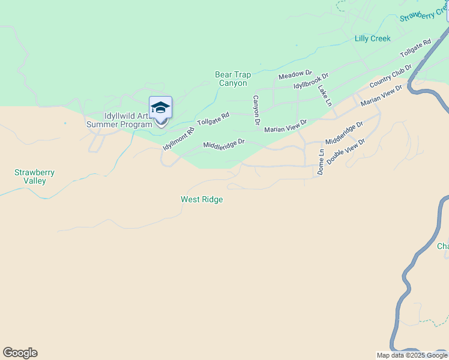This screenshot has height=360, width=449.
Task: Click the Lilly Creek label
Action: click(372, 38)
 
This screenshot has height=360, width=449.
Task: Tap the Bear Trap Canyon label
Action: click(233, 79)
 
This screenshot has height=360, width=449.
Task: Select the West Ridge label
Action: click(202, 199)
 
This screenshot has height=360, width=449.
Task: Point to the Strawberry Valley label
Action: click(34, 176)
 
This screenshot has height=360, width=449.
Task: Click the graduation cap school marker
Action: click(160, 107)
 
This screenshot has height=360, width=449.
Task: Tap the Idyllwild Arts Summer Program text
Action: click(119, 120)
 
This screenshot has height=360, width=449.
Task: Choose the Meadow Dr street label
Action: click(295, 75)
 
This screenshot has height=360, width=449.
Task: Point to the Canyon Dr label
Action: click(256, 110)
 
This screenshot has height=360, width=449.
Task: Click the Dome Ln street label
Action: click(321, 161)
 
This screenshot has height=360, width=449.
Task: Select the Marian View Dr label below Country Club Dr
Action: click(381, 95)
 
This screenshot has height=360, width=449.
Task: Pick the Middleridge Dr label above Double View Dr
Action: click(344, 133)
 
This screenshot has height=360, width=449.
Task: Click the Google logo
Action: click(20, 353)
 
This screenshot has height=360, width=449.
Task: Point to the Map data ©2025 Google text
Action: click(412, 355)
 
